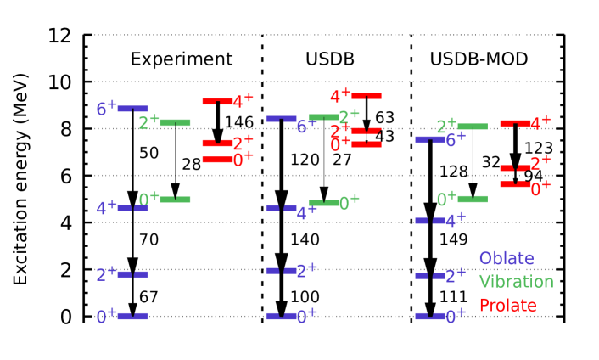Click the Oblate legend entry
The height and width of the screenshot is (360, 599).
pyautogui.click(x=506, y=259)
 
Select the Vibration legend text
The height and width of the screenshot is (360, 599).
pyautogui.click(x=516, y=282)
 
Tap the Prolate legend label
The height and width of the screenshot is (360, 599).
pyautogui.click(x=507, y=306)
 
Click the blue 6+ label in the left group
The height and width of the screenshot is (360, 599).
pyautogui.click(x=106, y=108)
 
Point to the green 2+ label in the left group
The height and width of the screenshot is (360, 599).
pyautogui.click(x=148, y=122)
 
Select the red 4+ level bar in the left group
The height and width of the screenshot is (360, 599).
pyautogui.click(x=217, y=101)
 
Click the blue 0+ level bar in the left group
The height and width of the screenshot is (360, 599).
pyautogui.click(x=133, y=317)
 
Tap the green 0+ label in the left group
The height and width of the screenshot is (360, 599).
pyautogui.click(x=148, y=200)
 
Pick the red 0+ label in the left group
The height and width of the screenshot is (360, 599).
pyautogui.click(x=243, y=160)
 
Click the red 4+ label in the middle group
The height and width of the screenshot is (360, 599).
pyautogui.click(x=340, y=96)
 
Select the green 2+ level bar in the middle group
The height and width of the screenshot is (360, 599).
pyautogui.click(x=323, y=117)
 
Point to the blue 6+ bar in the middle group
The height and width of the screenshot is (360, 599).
pyautogui.click(x=281, y=119)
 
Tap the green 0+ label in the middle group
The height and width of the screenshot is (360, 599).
pyautogui.click(x=349, y=203)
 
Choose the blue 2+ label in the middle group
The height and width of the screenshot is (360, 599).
pyautogui.click(x=306, y=271)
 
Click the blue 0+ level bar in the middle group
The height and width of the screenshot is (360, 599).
pyautogui.click(x=281, y=317)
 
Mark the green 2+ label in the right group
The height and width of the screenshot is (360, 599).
pyautogui.click(x=446, y=127)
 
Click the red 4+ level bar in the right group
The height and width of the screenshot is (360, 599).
pyautogui.click(x=515, y=123)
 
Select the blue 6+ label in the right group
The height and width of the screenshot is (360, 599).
pyautogui.click(x=456, y=140)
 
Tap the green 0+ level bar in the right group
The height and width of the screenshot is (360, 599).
pyautogui.click(x=473, y=200)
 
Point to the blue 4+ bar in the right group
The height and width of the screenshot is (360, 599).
pyautogui.click(x=429, y=221)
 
